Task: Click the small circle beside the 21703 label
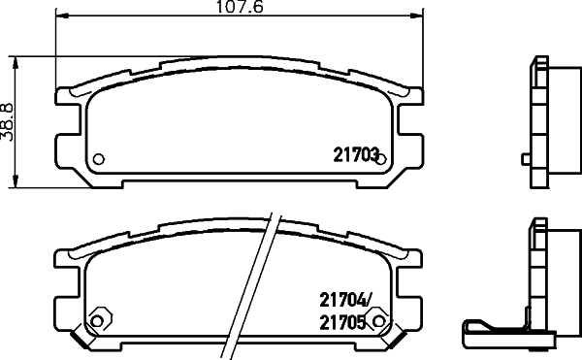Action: [x=381, y=159]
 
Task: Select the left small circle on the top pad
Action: [x=97, y=159]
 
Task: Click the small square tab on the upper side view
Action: [x=525, y=157]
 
